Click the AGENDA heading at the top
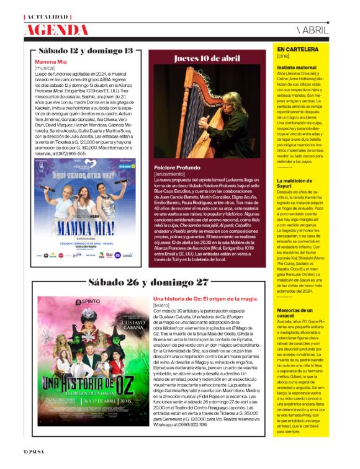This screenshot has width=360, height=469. tap(56, 29)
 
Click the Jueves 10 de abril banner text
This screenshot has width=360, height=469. tap(207, 58)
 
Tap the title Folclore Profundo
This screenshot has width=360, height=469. tap(177, 167)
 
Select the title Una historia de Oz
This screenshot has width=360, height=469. tap(204, 299)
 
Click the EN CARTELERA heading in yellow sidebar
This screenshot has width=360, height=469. tap(298, 49)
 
